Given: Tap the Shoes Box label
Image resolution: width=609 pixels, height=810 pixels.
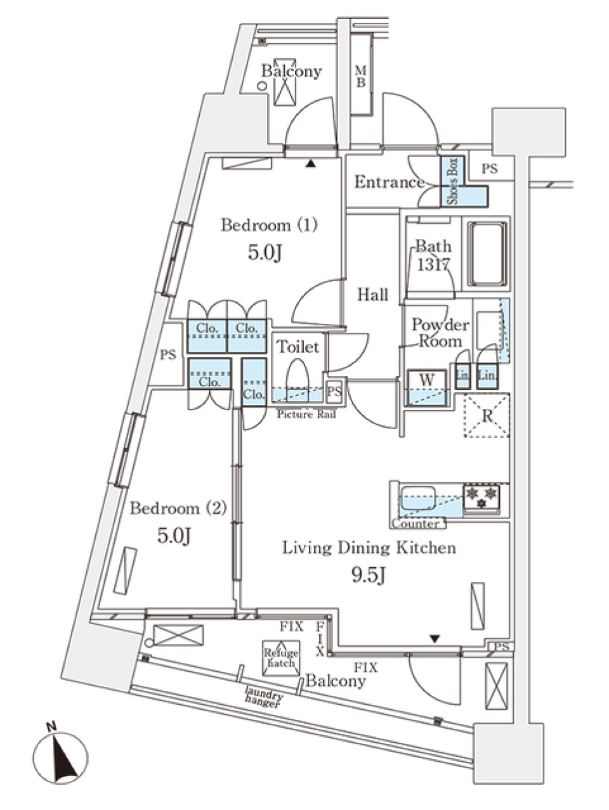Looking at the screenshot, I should (452, 181).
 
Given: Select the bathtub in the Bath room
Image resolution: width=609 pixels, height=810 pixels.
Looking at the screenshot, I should (487, 254).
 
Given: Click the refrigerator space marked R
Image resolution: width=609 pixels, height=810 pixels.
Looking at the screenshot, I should (487, 416).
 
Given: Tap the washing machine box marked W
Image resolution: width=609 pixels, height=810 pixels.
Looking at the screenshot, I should (427, 380).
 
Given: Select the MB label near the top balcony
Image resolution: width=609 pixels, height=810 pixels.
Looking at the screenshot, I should (360, 76).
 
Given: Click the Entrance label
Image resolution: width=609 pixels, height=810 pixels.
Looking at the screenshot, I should (388, 183).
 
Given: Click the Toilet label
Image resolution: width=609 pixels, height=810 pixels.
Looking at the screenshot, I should (298, 347).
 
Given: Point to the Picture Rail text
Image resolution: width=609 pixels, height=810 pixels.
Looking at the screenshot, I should (306, 415).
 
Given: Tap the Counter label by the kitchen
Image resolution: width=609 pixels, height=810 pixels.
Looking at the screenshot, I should (416, 524).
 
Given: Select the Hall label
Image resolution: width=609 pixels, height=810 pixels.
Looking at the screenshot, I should (372, 295).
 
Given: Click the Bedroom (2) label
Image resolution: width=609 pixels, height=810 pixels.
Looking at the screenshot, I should (178, 508).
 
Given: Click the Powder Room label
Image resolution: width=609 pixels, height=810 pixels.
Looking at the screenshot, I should (440, 333).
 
